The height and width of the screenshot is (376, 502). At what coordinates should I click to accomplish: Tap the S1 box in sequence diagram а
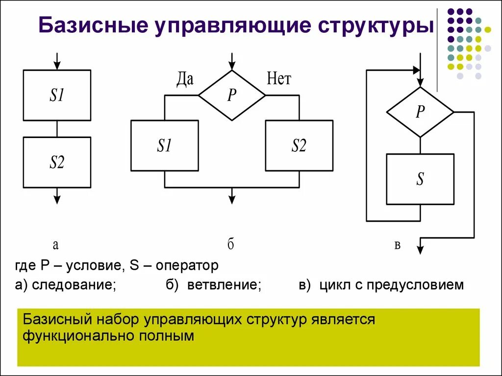pos(57,95)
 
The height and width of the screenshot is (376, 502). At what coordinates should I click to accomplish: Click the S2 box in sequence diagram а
pos(57,162)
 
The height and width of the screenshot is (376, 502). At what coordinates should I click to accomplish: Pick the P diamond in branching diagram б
pos(232,95)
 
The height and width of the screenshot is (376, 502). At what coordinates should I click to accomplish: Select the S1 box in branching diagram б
pos(164,145)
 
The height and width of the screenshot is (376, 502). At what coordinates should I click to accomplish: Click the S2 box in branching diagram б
pos(299,145)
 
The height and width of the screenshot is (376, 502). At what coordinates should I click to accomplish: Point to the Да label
pos(184,79)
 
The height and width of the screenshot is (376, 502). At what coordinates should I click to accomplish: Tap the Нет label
pos(279,78)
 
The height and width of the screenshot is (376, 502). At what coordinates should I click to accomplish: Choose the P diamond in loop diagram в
pos(420,112)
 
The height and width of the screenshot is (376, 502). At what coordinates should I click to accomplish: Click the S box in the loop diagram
pos(420,179)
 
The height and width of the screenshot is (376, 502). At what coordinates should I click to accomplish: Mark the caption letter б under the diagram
pos(230,244)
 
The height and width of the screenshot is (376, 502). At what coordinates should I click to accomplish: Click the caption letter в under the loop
pos(397,245)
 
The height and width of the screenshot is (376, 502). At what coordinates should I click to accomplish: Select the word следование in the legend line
pos(74,285)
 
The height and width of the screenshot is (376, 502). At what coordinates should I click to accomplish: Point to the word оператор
pos(187,266)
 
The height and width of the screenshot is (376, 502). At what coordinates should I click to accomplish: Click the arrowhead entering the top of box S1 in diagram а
pos(57,66)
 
